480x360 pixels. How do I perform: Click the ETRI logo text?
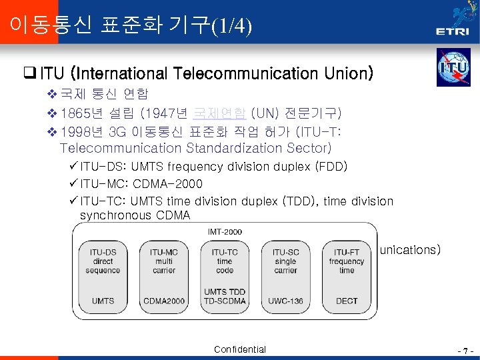pyautogui.click(x=452, y=31)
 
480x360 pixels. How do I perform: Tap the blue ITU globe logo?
pyautogui.click(x=453, y=67)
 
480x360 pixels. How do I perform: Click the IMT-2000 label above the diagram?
pyautogui.click(x=225, y=232)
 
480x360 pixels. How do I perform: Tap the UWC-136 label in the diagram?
pyautogui.click(x=285, y=301)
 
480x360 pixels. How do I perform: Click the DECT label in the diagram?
pyautogui.click(x=347, y=301)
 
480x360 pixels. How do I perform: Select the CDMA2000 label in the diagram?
pyautogui.click(x=164, y=301)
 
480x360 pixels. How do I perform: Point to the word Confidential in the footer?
pyautogui.click(x=240, y=349)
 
